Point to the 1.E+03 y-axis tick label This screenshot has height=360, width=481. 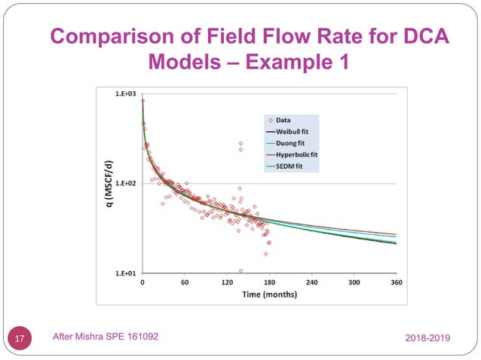tap(125, 94)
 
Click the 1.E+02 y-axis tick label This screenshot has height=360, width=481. tap(125, 184)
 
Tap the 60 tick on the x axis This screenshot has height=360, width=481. tap(185, 282)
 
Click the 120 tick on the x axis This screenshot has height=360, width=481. tap(227, 282)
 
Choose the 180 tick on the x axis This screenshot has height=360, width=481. tap(269, 282)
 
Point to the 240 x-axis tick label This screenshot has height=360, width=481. tap(311, 282)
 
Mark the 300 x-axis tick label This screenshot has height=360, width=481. tap(354, 282)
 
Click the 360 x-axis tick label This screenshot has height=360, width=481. tap(396, 282)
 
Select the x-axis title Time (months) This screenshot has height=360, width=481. tap(269, 294)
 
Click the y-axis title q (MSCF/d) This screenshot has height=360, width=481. tap(109, 184)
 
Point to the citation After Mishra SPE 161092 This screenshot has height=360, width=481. tap(106, 337)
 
